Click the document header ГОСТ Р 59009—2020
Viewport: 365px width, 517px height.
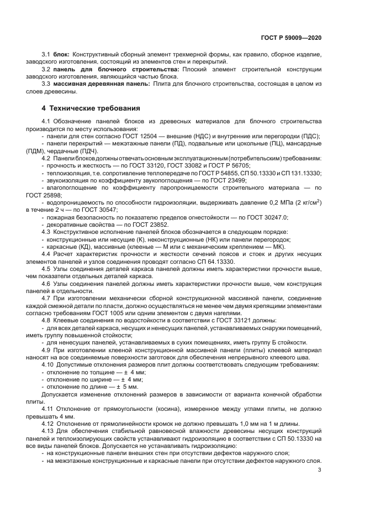coord(290,37)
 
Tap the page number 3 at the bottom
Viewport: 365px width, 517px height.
coord(320,470)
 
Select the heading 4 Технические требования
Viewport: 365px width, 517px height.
coord(92,108)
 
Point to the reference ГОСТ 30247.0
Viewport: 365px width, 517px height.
coord(266,217)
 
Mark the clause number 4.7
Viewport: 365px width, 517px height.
coord(47,297)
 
